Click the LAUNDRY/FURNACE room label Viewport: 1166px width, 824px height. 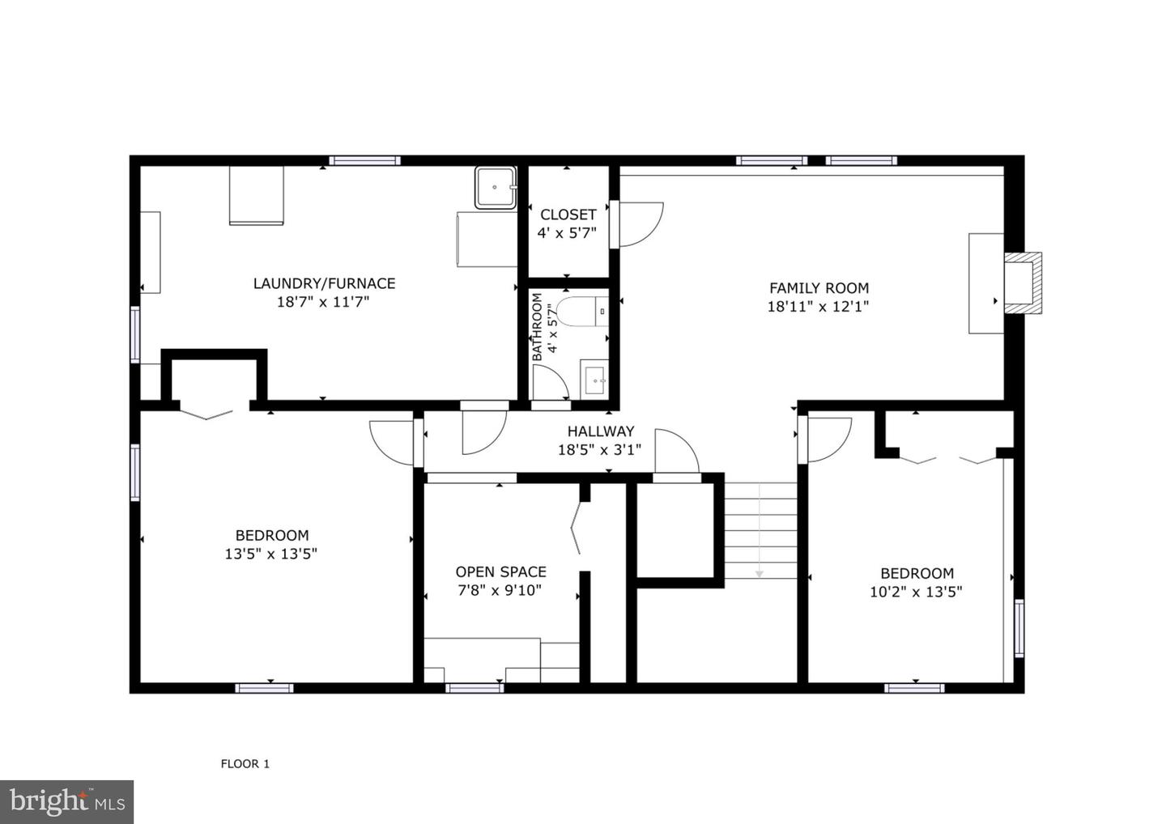pos(324,283)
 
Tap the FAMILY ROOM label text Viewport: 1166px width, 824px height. pos(819,288)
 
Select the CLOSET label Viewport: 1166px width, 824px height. pos(568,214)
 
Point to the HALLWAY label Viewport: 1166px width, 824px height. pos(600,431)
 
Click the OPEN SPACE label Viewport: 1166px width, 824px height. pos(500,572)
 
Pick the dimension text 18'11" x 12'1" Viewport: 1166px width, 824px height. pos(818,307)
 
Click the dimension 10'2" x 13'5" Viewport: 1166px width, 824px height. pos(916,592)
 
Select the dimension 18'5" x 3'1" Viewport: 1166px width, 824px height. pos(599,450)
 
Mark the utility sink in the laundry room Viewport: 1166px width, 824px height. pos(495,188)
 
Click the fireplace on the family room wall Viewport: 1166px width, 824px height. pos(1023,282)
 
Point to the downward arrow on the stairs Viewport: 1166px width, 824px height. pos(760,573)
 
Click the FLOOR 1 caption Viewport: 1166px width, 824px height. pos(245,763)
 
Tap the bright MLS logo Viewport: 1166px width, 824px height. pos(66,801)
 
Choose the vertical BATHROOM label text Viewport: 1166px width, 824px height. pos(538,327)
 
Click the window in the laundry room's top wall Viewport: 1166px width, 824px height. pos(364,160)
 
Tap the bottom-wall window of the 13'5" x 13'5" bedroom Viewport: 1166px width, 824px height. pos(264,688)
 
